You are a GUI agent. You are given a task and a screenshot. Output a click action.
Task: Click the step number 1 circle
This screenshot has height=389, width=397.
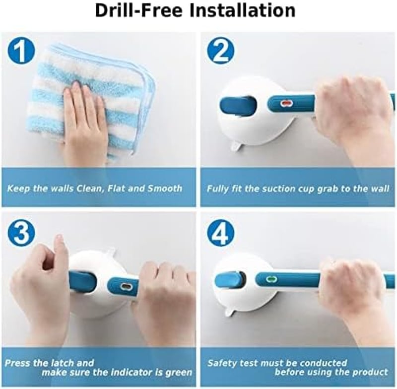coord(21,52)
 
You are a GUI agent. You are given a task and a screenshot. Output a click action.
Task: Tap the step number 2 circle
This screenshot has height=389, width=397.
coord(221,52)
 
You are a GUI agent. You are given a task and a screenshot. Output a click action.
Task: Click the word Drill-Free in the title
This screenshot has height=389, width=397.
coord(139,10)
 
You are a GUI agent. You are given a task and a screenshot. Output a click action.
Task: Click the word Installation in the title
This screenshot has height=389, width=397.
coord(243,10)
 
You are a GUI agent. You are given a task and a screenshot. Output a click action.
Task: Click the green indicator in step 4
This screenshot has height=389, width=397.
coord(271,279)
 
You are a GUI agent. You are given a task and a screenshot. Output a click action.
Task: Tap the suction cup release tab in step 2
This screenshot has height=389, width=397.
coord(235,147)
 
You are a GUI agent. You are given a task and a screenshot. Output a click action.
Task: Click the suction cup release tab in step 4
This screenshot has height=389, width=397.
coord(230,311)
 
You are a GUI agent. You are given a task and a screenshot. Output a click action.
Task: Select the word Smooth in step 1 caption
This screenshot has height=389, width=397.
coord(165,189)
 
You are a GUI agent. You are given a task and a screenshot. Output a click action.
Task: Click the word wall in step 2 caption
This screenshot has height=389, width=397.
coord(380,189)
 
